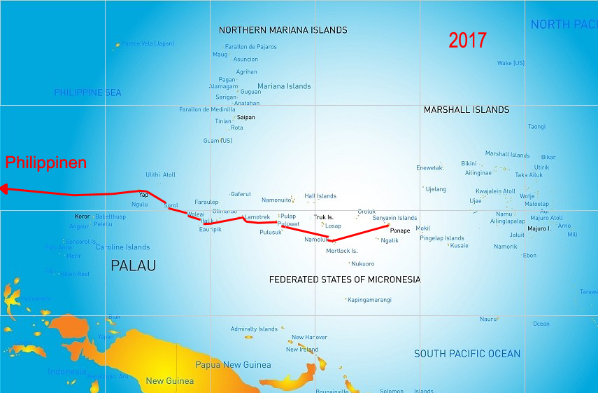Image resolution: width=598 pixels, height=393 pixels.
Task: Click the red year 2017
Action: [467, 41]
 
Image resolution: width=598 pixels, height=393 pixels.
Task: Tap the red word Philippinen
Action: [46, 163]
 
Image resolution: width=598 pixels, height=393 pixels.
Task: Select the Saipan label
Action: [245, 117]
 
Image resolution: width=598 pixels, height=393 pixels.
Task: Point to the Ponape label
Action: [400, 230]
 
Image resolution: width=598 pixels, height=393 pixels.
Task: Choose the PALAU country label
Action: [133, 266]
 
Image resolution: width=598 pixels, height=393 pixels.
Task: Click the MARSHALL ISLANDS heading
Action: [467, 110]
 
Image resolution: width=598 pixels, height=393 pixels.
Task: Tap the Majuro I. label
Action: [539, 228]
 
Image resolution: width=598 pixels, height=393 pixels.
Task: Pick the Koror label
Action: [83, 216]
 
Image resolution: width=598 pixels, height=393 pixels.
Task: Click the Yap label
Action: [143, 195]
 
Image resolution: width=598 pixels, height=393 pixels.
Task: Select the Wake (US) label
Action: [511, 63]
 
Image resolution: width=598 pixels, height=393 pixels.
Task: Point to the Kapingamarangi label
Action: [369, 300]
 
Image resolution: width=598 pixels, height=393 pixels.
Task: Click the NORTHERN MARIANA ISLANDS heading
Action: [283, 30]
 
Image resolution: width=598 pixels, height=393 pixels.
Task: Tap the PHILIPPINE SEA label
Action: [87, 92]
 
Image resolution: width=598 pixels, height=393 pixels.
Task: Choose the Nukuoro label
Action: [362, 264]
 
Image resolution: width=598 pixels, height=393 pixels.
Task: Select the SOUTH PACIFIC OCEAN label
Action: [467, 354]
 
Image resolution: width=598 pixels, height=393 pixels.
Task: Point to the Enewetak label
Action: [429, 168]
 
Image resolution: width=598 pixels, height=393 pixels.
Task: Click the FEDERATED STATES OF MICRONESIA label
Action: [345, 280]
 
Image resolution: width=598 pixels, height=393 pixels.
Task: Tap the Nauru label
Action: [487, 319]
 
